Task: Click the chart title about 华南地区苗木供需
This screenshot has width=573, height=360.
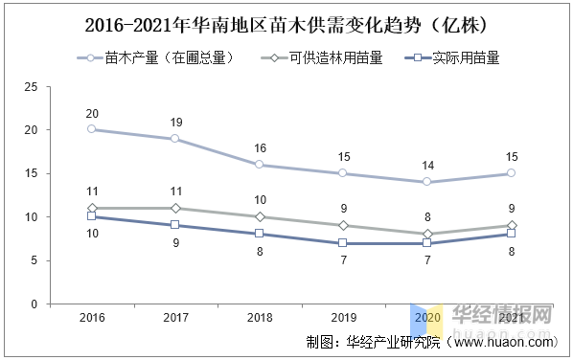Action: coord(286,23)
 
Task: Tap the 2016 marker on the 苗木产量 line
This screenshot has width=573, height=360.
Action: coord(92,129)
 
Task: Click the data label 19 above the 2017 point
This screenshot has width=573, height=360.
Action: coord(174,123)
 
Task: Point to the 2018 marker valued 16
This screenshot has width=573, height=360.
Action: coord(259,165)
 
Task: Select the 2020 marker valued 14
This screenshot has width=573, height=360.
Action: coord(426,182)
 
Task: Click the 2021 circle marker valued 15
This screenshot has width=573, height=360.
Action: coord(511,173)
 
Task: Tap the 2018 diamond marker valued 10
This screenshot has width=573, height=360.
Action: coord(259,216)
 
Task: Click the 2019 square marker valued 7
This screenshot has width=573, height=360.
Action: coord(343,243)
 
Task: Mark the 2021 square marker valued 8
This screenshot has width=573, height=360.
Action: coord(511,234)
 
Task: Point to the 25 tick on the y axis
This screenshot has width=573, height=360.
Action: coord(31,86)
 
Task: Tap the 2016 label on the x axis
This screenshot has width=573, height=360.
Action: coord(92,318)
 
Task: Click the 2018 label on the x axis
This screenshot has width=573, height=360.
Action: coord(259,318)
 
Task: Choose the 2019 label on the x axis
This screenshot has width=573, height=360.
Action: coord(343,318)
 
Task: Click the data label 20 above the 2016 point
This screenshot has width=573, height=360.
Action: coord(92,114)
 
